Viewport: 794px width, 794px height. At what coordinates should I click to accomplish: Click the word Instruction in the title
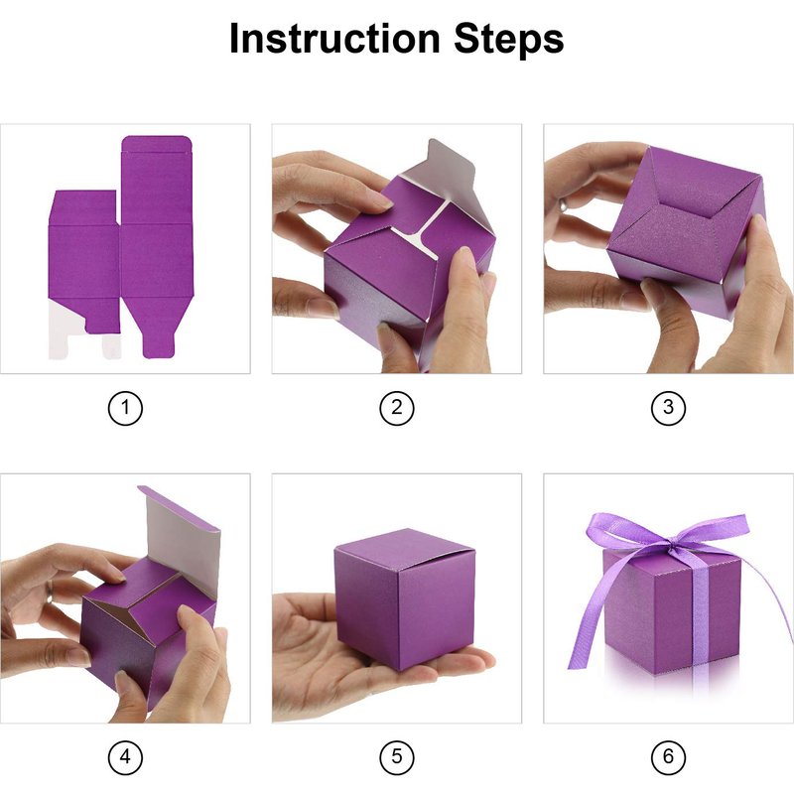(334, 38)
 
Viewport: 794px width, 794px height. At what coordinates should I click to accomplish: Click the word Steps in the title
(508, 40)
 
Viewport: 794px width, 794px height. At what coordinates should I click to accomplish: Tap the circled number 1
(126, 408)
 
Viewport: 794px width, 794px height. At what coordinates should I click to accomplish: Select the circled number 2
(397, 408)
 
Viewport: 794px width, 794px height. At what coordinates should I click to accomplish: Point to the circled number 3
(668, 408)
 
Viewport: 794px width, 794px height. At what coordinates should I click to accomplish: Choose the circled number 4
(126, 757)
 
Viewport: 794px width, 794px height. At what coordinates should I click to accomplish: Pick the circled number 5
(397, 757)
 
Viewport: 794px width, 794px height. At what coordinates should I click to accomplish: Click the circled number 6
(668, 757)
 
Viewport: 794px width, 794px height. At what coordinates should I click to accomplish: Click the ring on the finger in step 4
(50, 592)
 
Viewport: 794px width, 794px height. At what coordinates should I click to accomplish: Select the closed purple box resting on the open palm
(405, 597)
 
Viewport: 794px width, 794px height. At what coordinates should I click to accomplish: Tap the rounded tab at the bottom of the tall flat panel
(159, 345)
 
